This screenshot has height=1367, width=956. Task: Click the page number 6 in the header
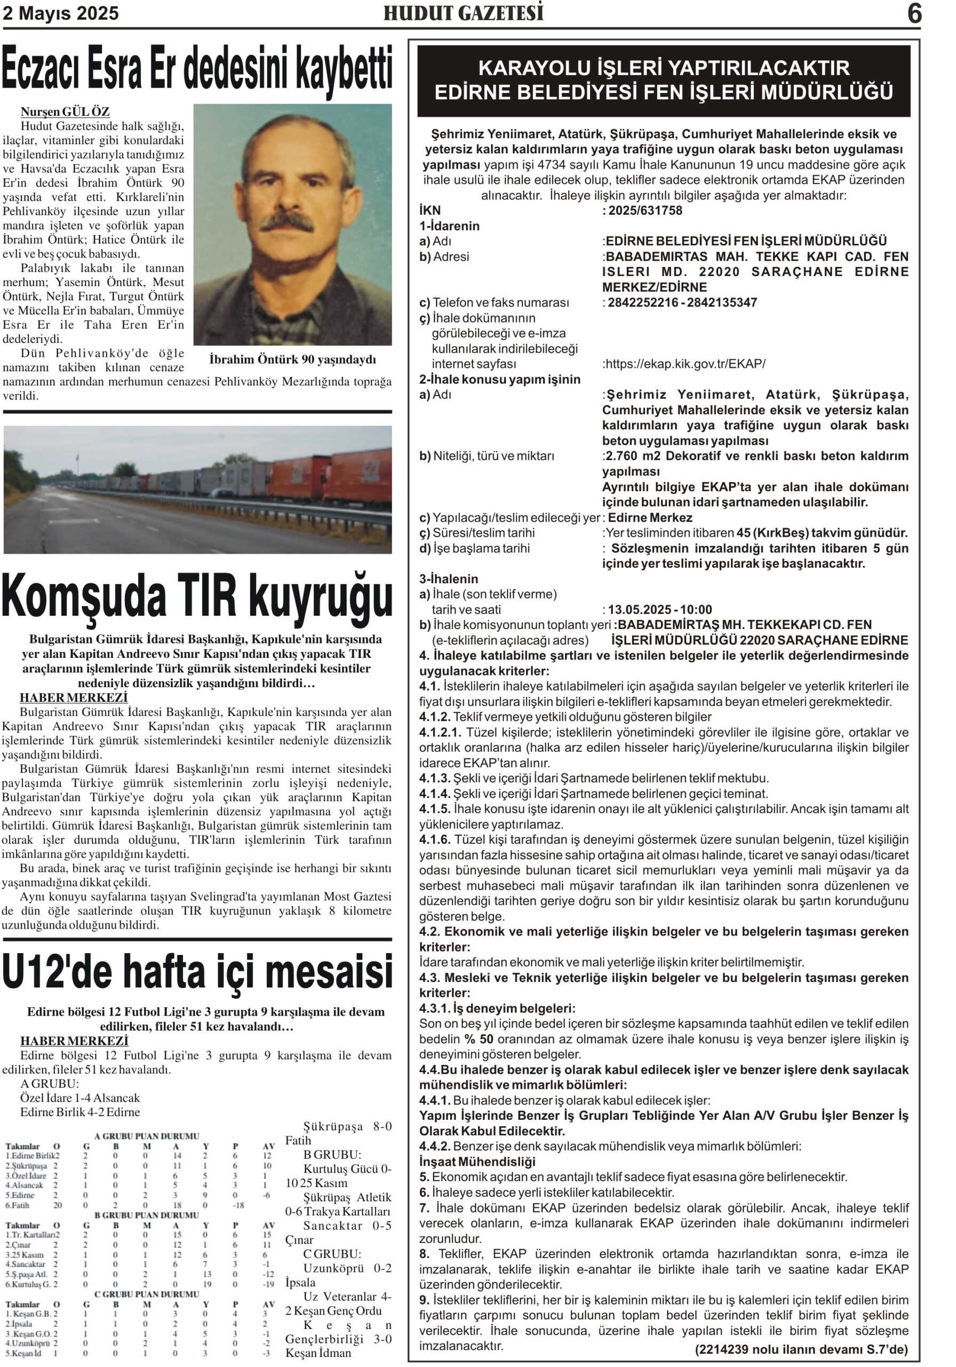tap(914, 13)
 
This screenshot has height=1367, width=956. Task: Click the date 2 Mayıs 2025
tap(61, 13)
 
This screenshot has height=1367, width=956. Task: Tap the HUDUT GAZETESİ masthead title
tap(463, 13)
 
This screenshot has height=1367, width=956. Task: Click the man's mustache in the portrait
tap(288, 223)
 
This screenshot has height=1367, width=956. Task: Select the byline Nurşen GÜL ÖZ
tap(65, 112)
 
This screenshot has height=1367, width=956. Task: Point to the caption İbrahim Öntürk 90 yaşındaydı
tap(293, 359)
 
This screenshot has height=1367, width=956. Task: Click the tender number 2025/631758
tap(645, 210)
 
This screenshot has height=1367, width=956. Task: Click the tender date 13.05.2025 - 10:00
tap(660, 609)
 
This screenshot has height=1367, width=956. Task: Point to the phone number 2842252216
tap(642, 302)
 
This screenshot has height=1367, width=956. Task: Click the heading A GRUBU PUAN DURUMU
tap(147, 1136)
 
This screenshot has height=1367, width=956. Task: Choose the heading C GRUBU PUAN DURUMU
tap(147, 1294)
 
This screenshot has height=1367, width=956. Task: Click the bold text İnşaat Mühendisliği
tap(477, 1161)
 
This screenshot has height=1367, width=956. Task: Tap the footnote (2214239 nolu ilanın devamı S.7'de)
tap(801, 1349)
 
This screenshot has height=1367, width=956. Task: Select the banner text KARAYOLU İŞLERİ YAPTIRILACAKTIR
tap(663, 68)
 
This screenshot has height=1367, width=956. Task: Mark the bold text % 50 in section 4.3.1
tap(479, 1039)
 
